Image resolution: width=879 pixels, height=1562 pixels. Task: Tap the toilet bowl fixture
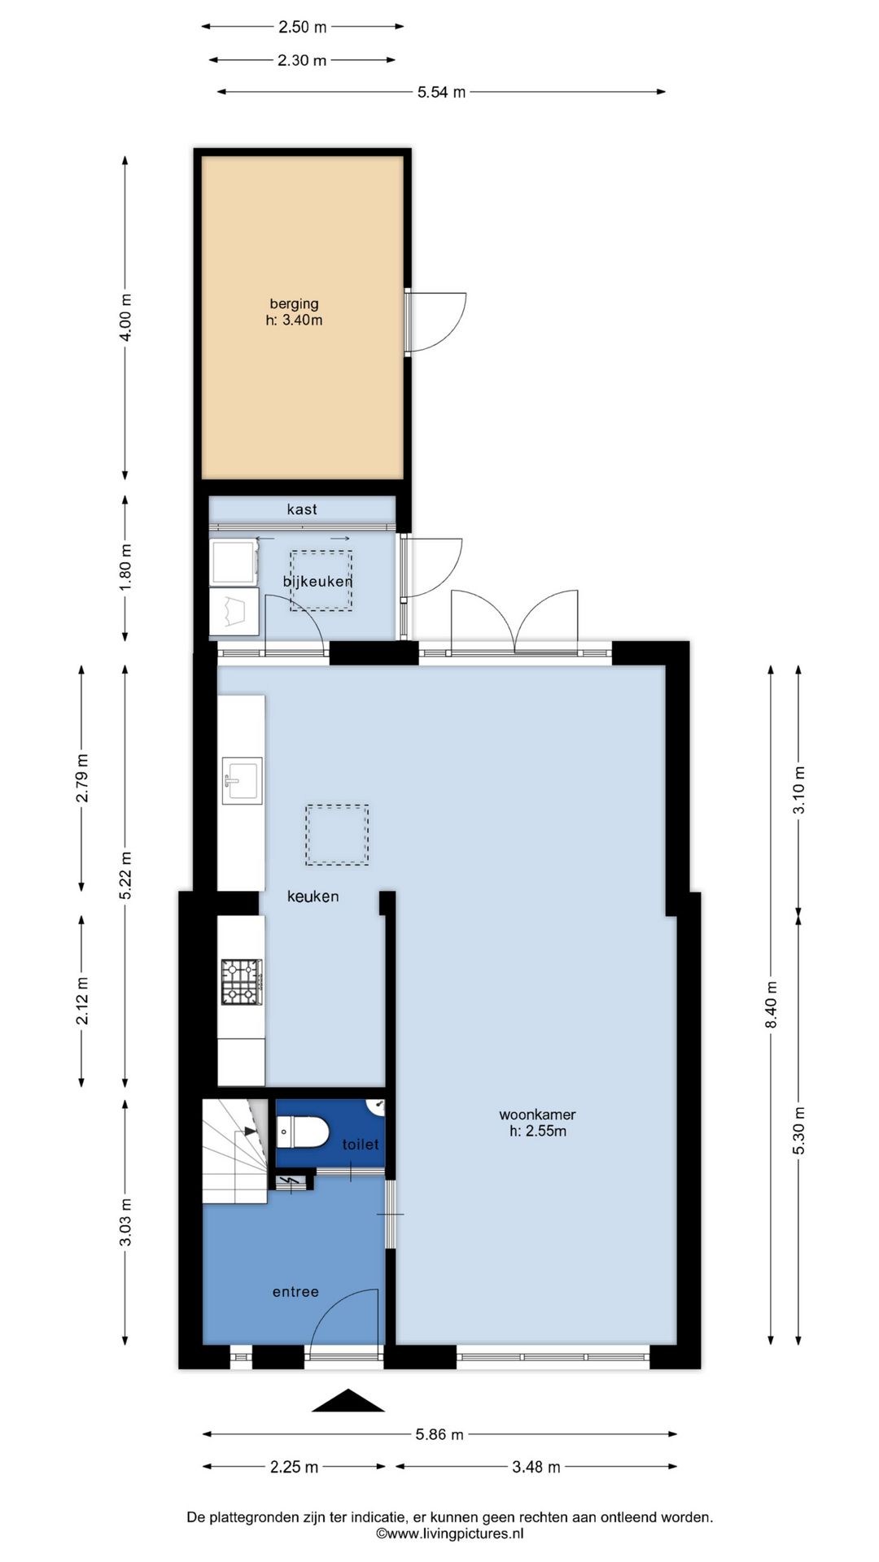tap(303, 1131)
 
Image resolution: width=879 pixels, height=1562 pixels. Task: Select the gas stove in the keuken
tap(242, 982)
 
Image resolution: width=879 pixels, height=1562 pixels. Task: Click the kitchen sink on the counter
tap(242, 781)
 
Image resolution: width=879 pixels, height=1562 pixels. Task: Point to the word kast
tap(302, 509)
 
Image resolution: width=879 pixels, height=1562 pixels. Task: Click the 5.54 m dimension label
tap(441, 92)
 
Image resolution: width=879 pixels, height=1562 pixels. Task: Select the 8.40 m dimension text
tap(772, 1005)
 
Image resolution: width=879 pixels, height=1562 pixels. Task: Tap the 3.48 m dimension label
tap(536, 1467)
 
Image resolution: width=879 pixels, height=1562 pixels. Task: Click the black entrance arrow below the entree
tap(348, 1401)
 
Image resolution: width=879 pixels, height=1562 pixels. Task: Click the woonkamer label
tap(537, 1123)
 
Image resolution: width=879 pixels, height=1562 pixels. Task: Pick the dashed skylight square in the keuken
tap(337, 835)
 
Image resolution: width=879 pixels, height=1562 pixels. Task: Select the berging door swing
tap(438, 322)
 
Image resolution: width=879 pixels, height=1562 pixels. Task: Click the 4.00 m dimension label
tap(125, 317)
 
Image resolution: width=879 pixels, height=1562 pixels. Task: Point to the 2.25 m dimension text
tap(294, 1467)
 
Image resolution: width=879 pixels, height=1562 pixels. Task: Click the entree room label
tap(295, 1292)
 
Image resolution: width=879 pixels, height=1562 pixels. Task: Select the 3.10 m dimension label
tap(798, 789)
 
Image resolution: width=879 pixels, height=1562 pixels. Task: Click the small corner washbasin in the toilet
tap(378, 1106)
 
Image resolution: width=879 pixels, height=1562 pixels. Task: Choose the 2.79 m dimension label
tap(81, 778)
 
